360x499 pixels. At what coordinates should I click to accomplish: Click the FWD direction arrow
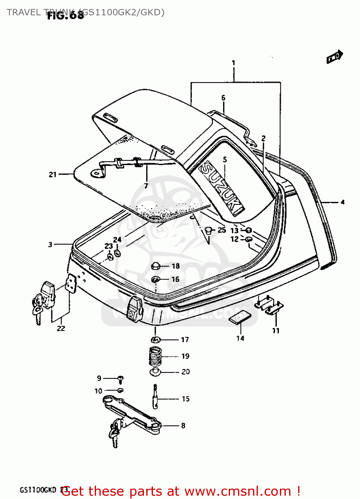coord(334,57)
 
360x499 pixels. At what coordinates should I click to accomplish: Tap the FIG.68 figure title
coord(65,15)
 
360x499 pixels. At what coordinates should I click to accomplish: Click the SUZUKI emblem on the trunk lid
coord(221,188)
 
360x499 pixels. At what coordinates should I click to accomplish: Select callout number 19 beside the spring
coord(185,356)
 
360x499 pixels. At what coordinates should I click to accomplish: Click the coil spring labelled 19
coord(155,356)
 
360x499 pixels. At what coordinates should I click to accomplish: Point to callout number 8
coord(183,425)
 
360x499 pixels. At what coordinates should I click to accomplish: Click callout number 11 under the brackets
coord(276,331)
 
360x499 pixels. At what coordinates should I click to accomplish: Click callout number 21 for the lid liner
coord(53,174)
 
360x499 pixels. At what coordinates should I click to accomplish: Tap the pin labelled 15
coord(155,397)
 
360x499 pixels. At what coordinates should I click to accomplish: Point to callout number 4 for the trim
coord(342,202)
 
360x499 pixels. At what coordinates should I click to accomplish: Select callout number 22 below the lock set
coord(61,329)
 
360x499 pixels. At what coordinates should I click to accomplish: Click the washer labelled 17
coord(155,340)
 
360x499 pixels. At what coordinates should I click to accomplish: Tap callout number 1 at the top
coord(233,63)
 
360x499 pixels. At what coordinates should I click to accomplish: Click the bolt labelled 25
coord(209,230)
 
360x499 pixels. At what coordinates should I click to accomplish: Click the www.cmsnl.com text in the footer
coord(238,491)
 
